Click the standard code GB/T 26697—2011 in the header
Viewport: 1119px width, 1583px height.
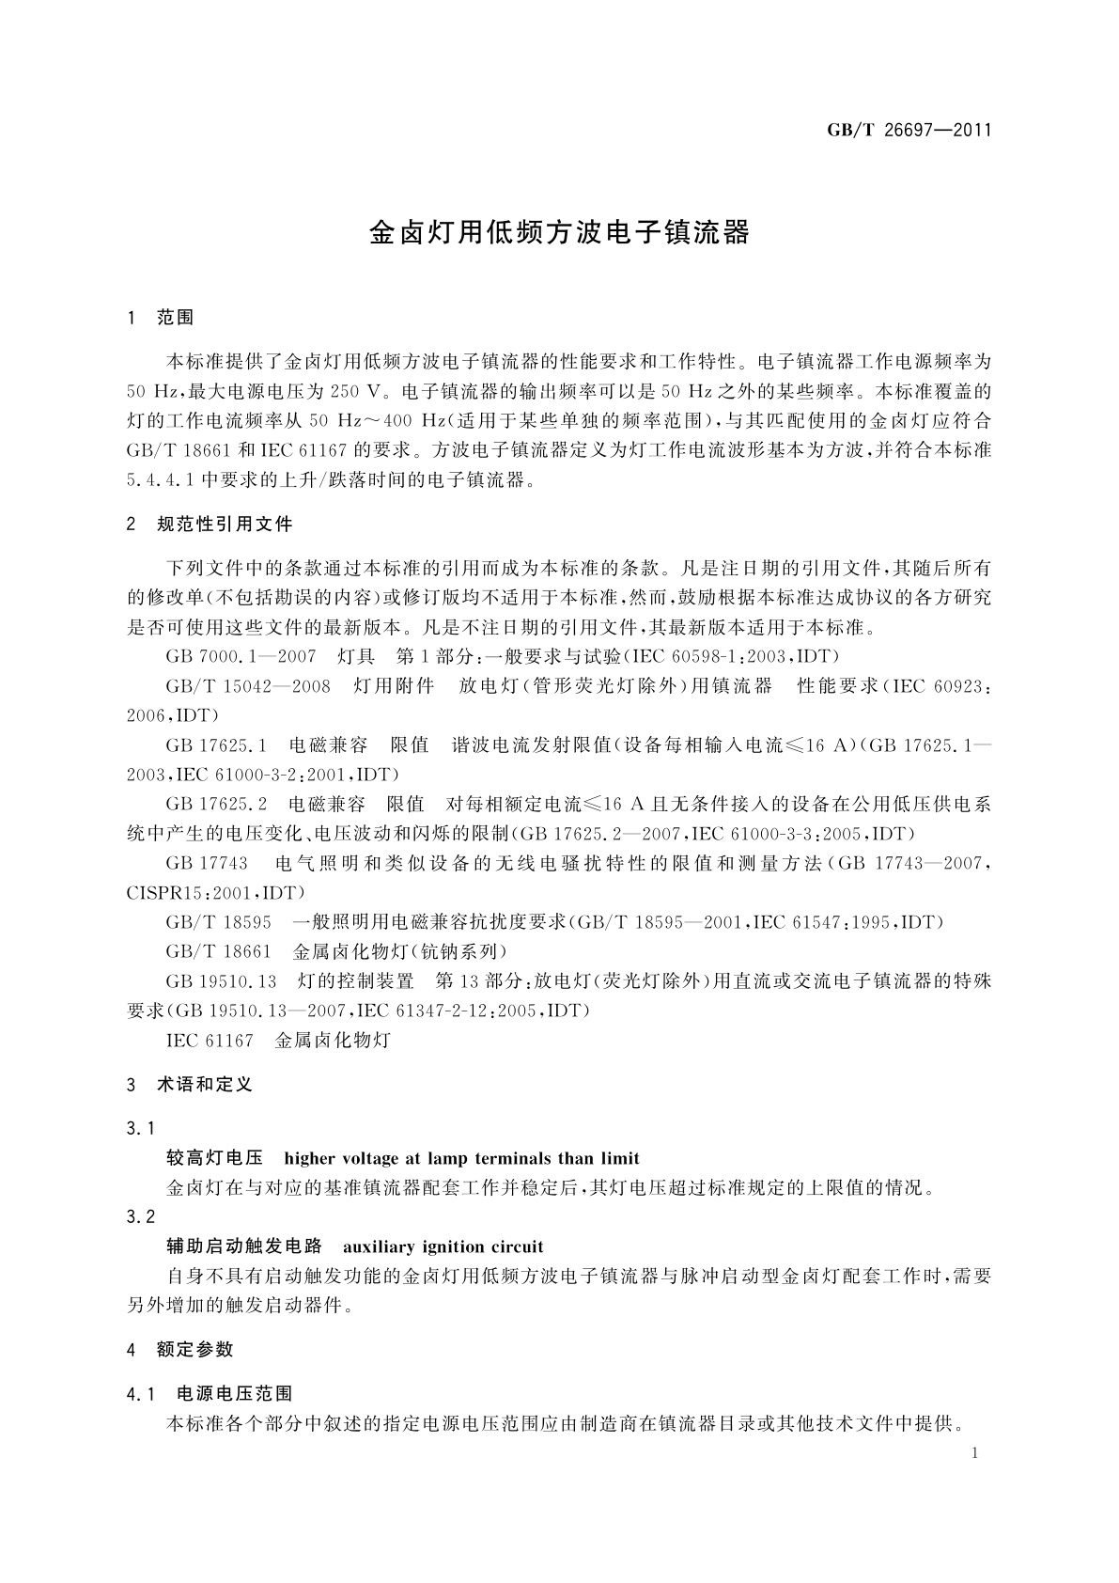(909, 130)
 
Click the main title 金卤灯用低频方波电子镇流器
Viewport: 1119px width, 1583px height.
(559, 233)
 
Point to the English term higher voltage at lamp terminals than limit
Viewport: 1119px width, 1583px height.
(461, 1158)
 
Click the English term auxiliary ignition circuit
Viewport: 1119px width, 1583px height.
(443, 1246)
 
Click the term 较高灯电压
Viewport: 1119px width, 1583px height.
(215, 1158)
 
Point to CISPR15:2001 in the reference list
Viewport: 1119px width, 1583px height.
(188, 892)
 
